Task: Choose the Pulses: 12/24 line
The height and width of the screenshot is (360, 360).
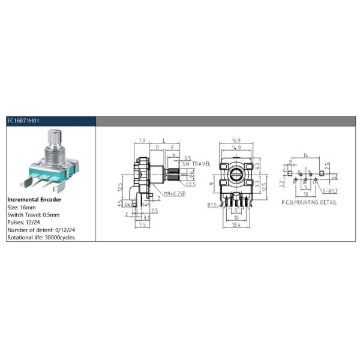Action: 25,222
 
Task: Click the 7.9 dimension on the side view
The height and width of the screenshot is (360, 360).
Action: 142,140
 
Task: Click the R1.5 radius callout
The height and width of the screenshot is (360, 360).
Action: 212,206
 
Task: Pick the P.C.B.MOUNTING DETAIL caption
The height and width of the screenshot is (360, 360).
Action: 308,203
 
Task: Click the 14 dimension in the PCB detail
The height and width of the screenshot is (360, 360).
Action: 306,155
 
